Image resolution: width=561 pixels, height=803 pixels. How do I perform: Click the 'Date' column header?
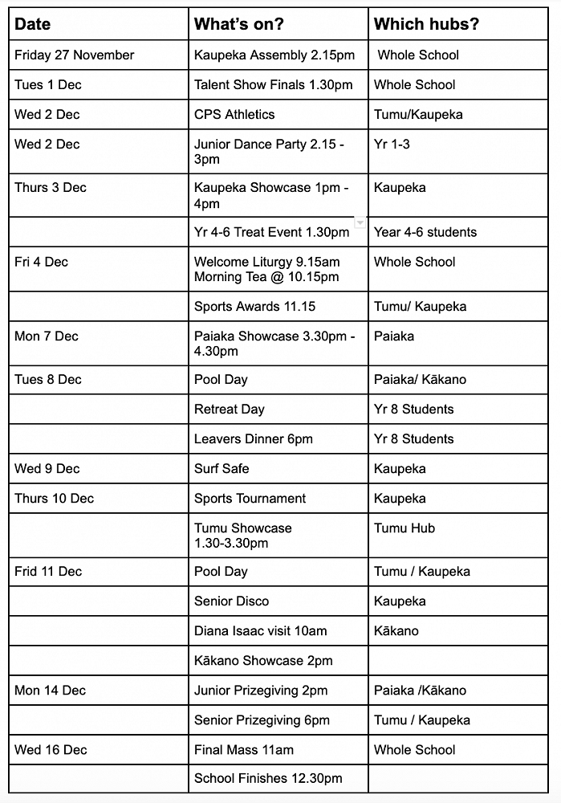click(32, 24)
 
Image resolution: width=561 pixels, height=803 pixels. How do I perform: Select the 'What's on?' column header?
click(238, 24)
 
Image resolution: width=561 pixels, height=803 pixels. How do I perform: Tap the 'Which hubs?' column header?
click(426, 24)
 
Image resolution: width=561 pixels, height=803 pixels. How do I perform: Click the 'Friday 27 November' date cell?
click(75, 55)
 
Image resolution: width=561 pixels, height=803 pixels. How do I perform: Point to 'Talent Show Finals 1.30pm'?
click(273, 84)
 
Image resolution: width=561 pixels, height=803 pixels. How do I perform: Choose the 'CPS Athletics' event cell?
click(234, 114)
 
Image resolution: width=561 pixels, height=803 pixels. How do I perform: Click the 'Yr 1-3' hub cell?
click(392, 144)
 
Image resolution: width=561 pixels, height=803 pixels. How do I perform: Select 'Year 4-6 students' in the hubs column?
click(425, 232)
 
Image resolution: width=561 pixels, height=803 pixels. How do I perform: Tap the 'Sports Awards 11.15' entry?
click(254, 306)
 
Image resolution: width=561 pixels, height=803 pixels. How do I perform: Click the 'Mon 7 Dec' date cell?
click(47, 336)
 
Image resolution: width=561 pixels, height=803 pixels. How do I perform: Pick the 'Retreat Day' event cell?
click(229, 409)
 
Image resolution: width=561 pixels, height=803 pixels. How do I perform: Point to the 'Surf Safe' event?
click(222, 468)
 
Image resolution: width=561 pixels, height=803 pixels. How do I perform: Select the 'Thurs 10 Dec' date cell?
click(54, 498)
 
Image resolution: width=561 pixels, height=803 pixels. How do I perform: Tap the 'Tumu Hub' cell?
click(404, 528)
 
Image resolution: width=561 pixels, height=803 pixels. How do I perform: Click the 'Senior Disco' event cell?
click(231, 601)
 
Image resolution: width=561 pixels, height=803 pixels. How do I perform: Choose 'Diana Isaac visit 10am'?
click(261, 630)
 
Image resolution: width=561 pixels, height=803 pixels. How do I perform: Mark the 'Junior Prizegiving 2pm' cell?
click(261, 690)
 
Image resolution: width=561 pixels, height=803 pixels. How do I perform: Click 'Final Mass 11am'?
click(244, 749)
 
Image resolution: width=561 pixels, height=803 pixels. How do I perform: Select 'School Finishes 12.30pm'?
click(268, 778)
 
